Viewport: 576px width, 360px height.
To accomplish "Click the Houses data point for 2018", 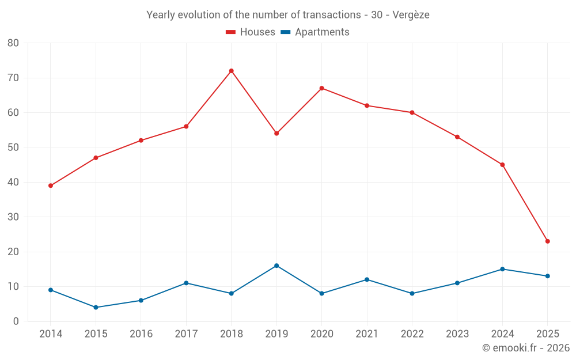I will (x=231, y=71).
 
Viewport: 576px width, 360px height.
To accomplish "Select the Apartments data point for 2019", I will (x=276, y=266).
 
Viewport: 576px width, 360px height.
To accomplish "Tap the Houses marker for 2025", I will (x=548, y=241).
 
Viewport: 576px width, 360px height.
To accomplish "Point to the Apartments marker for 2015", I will (x=96, y=308).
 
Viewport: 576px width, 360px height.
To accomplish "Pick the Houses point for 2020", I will (x=321, y=88).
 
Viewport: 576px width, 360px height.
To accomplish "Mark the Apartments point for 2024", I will (x=502, y=269).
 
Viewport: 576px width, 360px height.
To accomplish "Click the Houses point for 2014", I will (x=51, y=185).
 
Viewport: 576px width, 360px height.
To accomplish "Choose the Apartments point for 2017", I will (x=186, y=283).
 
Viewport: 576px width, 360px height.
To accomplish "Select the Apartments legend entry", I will (x=322, y=32).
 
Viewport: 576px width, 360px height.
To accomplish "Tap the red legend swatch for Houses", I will (x=231, y=32).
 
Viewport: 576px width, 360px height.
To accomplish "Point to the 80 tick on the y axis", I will (x=13, y=43).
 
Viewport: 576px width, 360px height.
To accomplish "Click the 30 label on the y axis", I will (x=13, y=217).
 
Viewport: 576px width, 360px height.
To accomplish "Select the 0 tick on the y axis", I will (x=16, y=321).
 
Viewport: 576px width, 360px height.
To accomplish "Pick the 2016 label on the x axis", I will (x=141, y=334).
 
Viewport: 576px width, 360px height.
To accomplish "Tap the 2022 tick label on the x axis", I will (x=412, y=334).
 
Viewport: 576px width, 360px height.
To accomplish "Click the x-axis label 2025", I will (x=548, y=334).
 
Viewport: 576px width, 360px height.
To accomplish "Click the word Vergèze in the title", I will (x=411, y=15).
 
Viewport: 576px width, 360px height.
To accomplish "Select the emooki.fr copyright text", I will (x=526, y=348).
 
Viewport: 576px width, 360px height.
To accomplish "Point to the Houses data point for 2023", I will (x=457, y=137).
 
